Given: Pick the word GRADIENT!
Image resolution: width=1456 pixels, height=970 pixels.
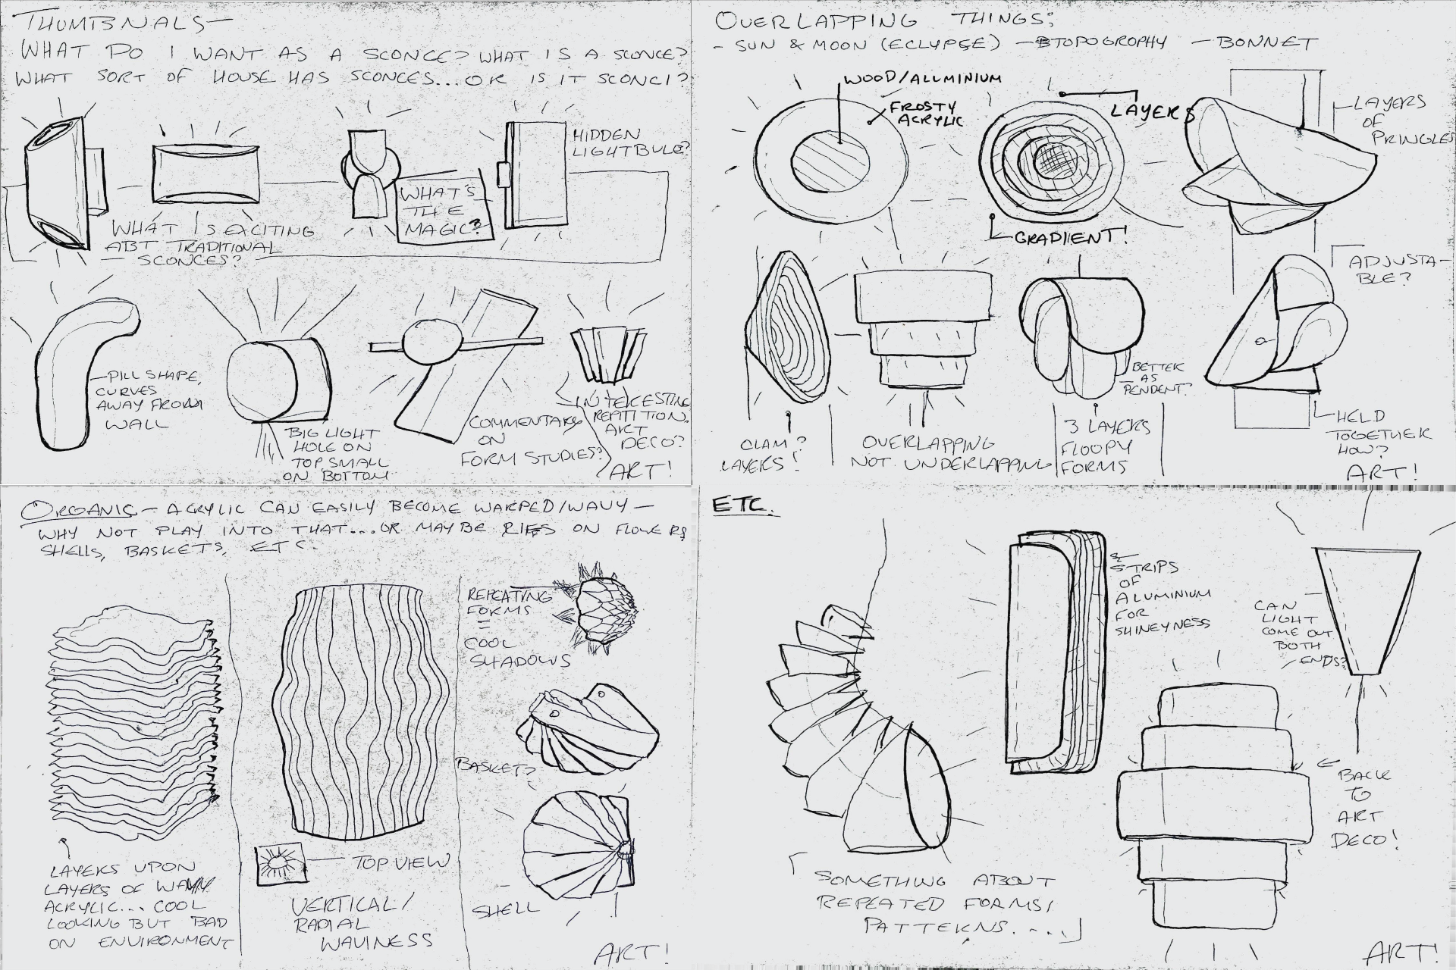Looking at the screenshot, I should point(1069,236).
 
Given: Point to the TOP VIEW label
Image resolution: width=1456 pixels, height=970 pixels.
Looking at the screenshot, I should point(400,862).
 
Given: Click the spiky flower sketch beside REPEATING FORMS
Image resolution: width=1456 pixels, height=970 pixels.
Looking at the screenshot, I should point(604,605).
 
